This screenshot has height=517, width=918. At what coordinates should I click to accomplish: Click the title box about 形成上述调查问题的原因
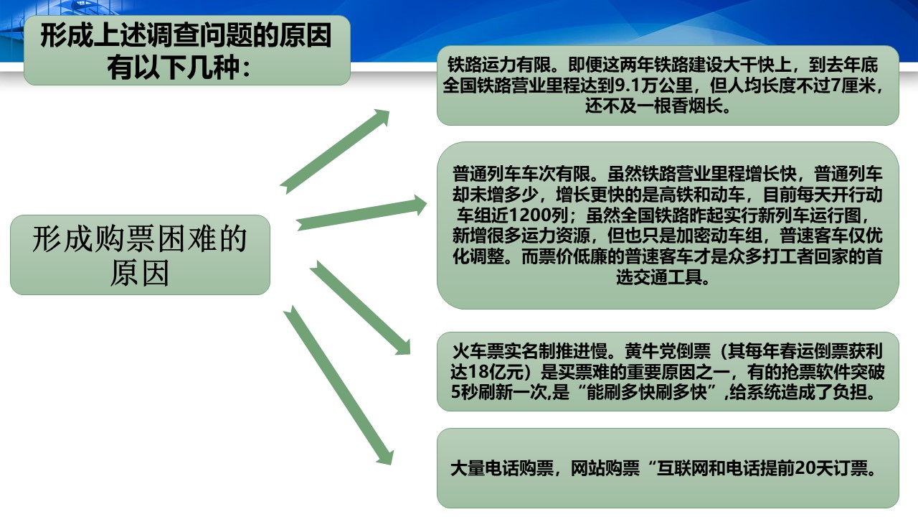[x=187, y=50]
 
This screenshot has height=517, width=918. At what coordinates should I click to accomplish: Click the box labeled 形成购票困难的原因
[x=140, y=255]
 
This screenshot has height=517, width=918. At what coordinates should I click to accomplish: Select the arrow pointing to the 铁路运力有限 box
[x=335, y=152]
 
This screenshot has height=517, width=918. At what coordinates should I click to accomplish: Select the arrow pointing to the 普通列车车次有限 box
[x=361, y=213]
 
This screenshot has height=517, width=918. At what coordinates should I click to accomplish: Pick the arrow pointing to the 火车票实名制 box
[x=360, y=307]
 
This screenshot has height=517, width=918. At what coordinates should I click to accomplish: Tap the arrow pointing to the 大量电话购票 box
[x=339, y=386]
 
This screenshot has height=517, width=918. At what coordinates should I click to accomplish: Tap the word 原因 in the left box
[x=140, y=273]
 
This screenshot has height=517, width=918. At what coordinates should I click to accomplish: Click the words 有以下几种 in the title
[x=174, y=67]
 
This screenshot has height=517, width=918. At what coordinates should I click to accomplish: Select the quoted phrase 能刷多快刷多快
[x=648, y=392]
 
